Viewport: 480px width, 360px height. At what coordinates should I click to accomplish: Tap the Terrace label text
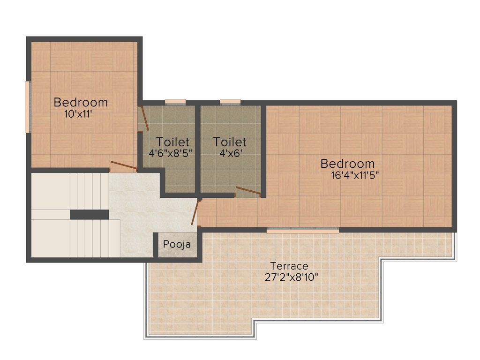(289, 267)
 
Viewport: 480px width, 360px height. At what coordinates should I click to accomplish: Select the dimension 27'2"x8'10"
(291, 277)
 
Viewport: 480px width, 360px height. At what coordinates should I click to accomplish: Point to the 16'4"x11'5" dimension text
(355, 175)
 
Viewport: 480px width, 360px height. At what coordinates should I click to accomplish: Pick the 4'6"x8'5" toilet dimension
(170, 153)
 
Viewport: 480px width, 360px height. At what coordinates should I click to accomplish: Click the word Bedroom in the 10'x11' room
(81, 102)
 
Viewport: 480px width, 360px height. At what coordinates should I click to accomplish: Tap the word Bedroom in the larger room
(347, 164)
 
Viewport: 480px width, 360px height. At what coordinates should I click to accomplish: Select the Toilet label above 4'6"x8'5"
(172, 142)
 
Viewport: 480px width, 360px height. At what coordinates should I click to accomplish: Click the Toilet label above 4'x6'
(230, 142)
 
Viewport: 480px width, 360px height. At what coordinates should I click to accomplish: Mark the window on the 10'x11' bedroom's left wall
(28, 107)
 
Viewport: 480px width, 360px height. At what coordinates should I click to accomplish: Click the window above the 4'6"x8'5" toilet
(175, 102)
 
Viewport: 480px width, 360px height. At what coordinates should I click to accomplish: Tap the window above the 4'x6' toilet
(230, 102)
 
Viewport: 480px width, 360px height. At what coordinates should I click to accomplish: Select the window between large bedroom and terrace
(303, 231)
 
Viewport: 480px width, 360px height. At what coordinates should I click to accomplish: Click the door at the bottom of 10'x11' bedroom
(123, 165)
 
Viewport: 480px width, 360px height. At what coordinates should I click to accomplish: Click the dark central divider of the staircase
(89, 214)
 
